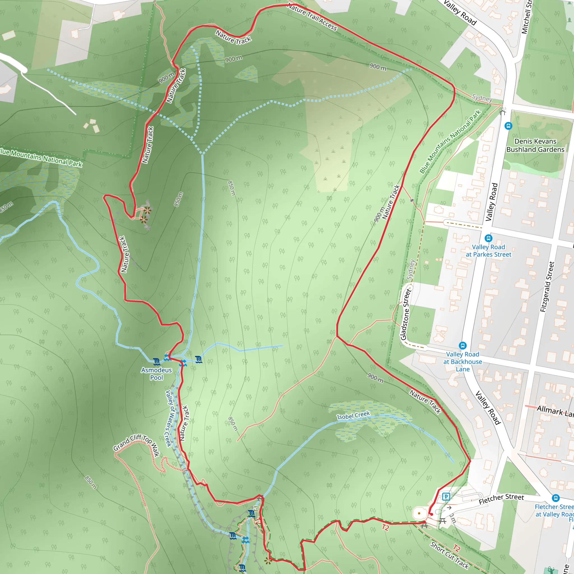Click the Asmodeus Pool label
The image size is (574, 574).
(157, 374)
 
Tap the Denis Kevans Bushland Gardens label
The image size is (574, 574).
(535, 145)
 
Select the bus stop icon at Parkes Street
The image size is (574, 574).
(489, 238)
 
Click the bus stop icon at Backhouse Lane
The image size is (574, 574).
(462, 345)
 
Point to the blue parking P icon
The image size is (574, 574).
(446, 496)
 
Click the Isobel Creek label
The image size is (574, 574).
(353, 415)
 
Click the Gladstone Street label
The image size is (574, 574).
(406, 315)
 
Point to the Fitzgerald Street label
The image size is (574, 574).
(547, 287)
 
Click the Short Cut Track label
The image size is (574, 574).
(449, 555)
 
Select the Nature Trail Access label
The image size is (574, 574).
(312, 17)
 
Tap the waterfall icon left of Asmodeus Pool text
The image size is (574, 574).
(157, 362)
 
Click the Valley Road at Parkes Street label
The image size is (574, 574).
(489, 251)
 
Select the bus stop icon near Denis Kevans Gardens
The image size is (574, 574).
(508, 126)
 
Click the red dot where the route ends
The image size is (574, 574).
(431, 514)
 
